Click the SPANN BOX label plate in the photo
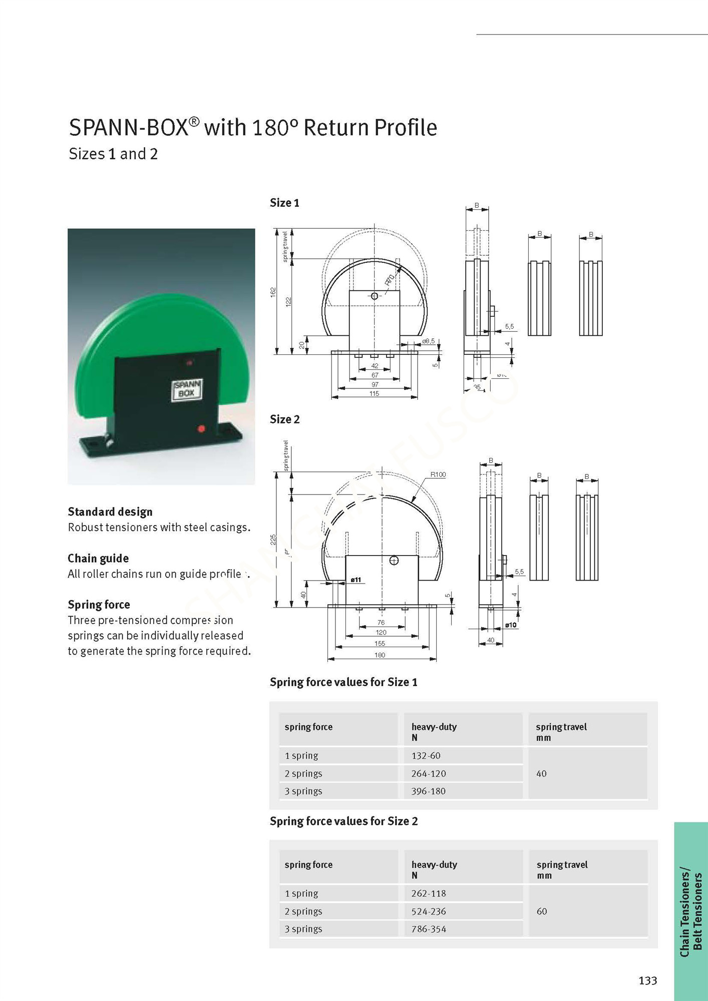click(x=187, y=389)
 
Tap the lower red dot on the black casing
click(x=201, y=428)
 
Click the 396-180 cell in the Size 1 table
click(x=428, y=791)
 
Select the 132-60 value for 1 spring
click(x=426, y=755)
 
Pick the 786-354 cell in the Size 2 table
click(x=429, y=929)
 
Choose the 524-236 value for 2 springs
click(x=429, y=911)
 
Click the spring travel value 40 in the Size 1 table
click(x=541, y=773)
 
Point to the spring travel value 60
click(x=542, y=911)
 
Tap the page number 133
click(x=647, y=980)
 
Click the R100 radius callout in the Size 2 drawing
click(x=438, y=474)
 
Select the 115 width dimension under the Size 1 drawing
click(x=375, y=393)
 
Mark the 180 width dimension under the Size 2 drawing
click(x=380, y=655)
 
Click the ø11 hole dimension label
click(x=356, y=580)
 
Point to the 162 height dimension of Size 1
click(x=273, y=292)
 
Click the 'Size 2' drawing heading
click(x=284, y=419)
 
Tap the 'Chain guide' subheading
click(x=98, y=558)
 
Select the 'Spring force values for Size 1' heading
click(x=343, y=682)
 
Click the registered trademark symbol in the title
click(x=194, y=121)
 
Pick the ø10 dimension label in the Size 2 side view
click(x=511, y=625)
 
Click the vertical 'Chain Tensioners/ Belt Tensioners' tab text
click(x=691, y=911)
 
